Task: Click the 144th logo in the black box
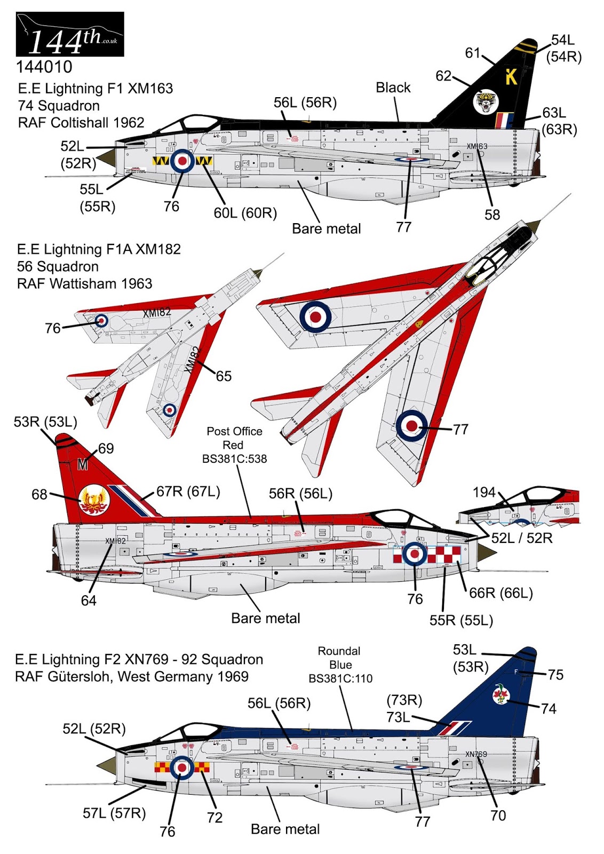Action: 70,35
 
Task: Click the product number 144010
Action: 44,67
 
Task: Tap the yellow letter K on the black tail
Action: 511,77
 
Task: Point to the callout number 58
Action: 492,215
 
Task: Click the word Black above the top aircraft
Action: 393,88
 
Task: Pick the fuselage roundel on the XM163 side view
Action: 182,161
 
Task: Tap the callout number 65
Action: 224,376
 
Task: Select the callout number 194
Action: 484,492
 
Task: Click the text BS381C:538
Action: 234,459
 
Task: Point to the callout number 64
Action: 89,600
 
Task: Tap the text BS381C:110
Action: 340,679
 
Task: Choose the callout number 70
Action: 498,815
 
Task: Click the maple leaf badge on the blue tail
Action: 501,694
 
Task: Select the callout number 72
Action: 214,817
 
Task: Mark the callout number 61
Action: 473,53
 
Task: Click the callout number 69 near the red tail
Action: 106,448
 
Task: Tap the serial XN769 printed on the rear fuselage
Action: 476,754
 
